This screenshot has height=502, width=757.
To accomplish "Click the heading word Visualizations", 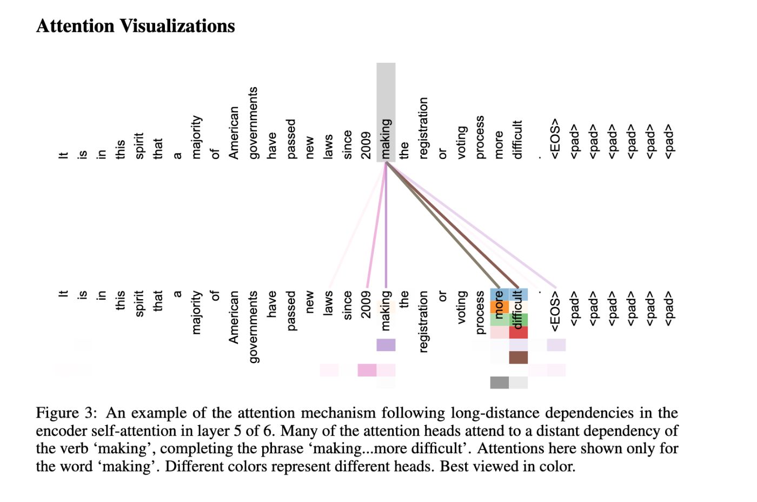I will pyautogui.click(x=177, y=26).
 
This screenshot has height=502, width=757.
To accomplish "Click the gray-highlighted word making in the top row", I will pyautogui.click(x=386, y=139).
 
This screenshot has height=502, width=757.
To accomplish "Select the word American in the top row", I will pyautogui.click(x=234, y=133).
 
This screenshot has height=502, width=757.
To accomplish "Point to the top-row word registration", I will pyautogui.click(x=423, y=128).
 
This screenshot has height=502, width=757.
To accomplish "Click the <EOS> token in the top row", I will pyautogui.click(x=555, y=139).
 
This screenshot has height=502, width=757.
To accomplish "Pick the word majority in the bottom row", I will pyautogui.click(x=196, y=312).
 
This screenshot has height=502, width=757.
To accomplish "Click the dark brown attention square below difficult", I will pyautogui.click(x=518, y=358).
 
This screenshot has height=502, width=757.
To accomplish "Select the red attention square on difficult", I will pyautogui.click(x=518, y=332).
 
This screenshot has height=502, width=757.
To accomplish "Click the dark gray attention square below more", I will pyautogui.click(x=499, y=382).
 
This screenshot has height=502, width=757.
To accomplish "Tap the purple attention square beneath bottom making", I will pyautogui.click(x=386, y=345).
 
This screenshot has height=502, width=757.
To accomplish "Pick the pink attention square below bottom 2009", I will pyautogui.click(x=367, y=370).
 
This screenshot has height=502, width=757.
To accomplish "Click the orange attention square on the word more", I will pyautogui.click(x=499, y=307).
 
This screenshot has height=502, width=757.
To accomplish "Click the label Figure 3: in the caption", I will pyautogui.click(x=66, y=413).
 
